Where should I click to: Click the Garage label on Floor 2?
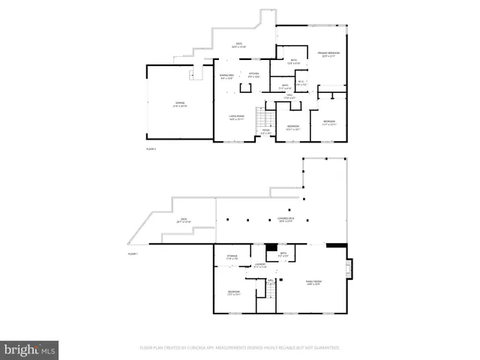click(x=180, y=103)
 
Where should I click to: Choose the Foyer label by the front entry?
click(x=265, y=133)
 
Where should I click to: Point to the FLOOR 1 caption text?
click(x=133, y=254)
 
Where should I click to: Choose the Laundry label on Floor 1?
click(x=260, y=265)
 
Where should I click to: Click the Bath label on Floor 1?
click(x=283, y=254)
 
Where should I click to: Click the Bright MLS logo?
click(x=30, y=349)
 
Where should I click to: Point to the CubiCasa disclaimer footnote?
click(x=239, y=348)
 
